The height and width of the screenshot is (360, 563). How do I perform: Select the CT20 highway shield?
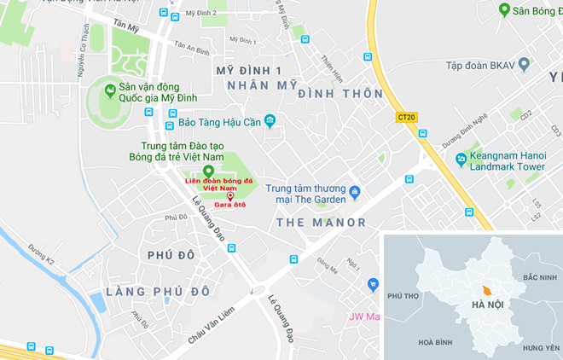click(406, 117)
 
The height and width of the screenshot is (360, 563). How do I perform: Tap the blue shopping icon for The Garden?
click(355, 190)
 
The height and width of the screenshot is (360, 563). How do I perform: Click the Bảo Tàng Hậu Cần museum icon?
click(270, 119)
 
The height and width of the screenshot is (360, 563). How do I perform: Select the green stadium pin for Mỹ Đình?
click(109, 89)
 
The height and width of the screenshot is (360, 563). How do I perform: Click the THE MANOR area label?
click(322, 223)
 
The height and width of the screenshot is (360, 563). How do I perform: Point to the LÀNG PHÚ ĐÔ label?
click(158, 292)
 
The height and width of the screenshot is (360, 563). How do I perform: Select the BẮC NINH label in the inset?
click(540, 278)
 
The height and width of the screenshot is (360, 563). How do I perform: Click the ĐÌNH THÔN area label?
click(334, 94)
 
